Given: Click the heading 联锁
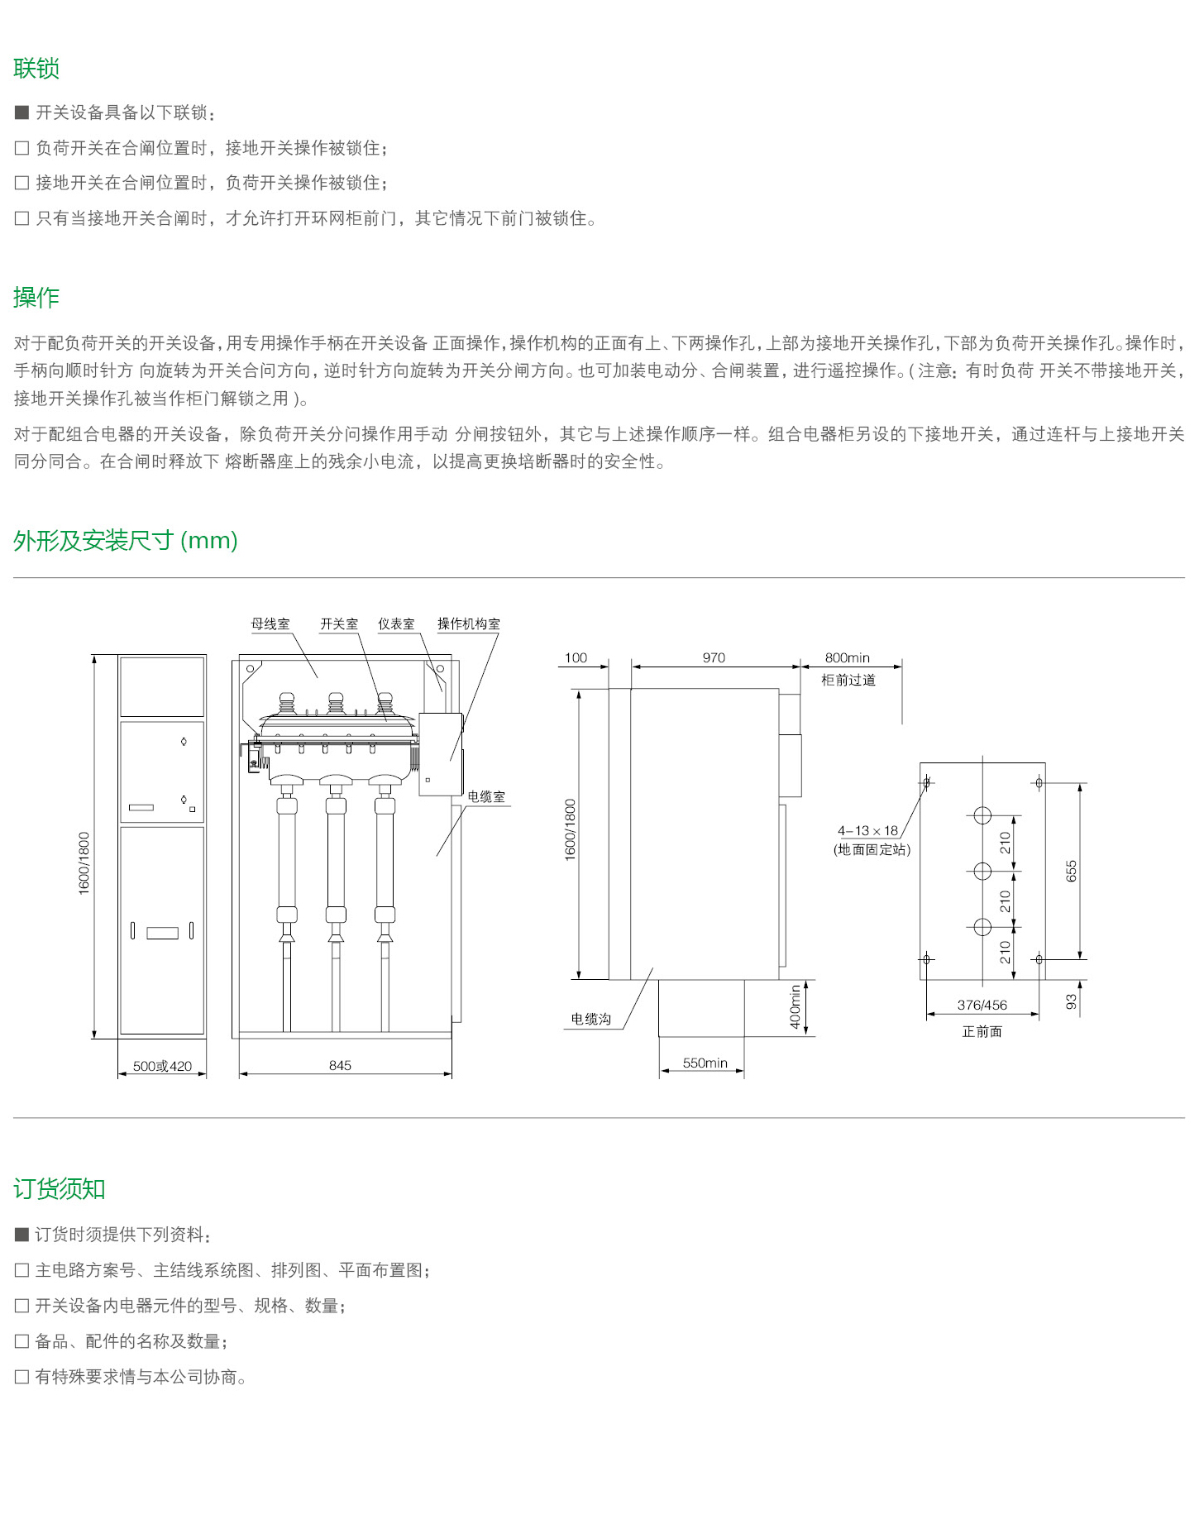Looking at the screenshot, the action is click(36, 69).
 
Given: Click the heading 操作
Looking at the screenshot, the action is click(36, 298).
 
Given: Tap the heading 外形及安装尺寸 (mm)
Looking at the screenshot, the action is click(126, 541).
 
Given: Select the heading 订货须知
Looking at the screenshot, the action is click(60, 1189).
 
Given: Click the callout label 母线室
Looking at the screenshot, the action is click(270, 624).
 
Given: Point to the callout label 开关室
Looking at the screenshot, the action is click(339, 624).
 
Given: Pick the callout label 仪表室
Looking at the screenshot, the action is click(396, 624).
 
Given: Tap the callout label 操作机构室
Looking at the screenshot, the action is click(469, 624).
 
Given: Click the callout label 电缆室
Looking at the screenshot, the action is click(486, 797).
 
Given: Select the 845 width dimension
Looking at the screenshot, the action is click(340, 1065).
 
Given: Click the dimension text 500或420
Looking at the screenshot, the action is click(162, 1066).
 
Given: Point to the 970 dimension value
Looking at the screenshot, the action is click(714, 657).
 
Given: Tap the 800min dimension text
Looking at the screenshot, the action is click(848, 657).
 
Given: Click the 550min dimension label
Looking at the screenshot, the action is click(705, 1063).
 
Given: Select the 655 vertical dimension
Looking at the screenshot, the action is click(1072, 871).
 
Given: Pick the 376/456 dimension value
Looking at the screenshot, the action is click(982, 1005).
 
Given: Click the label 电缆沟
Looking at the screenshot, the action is click(591, 1019).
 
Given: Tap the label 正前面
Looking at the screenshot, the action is click(982, 1031).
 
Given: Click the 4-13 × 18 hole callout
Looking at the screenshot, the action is click(867, 831).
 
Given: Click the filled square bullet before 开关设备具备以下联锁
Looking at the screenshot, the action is click(22, 112).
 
